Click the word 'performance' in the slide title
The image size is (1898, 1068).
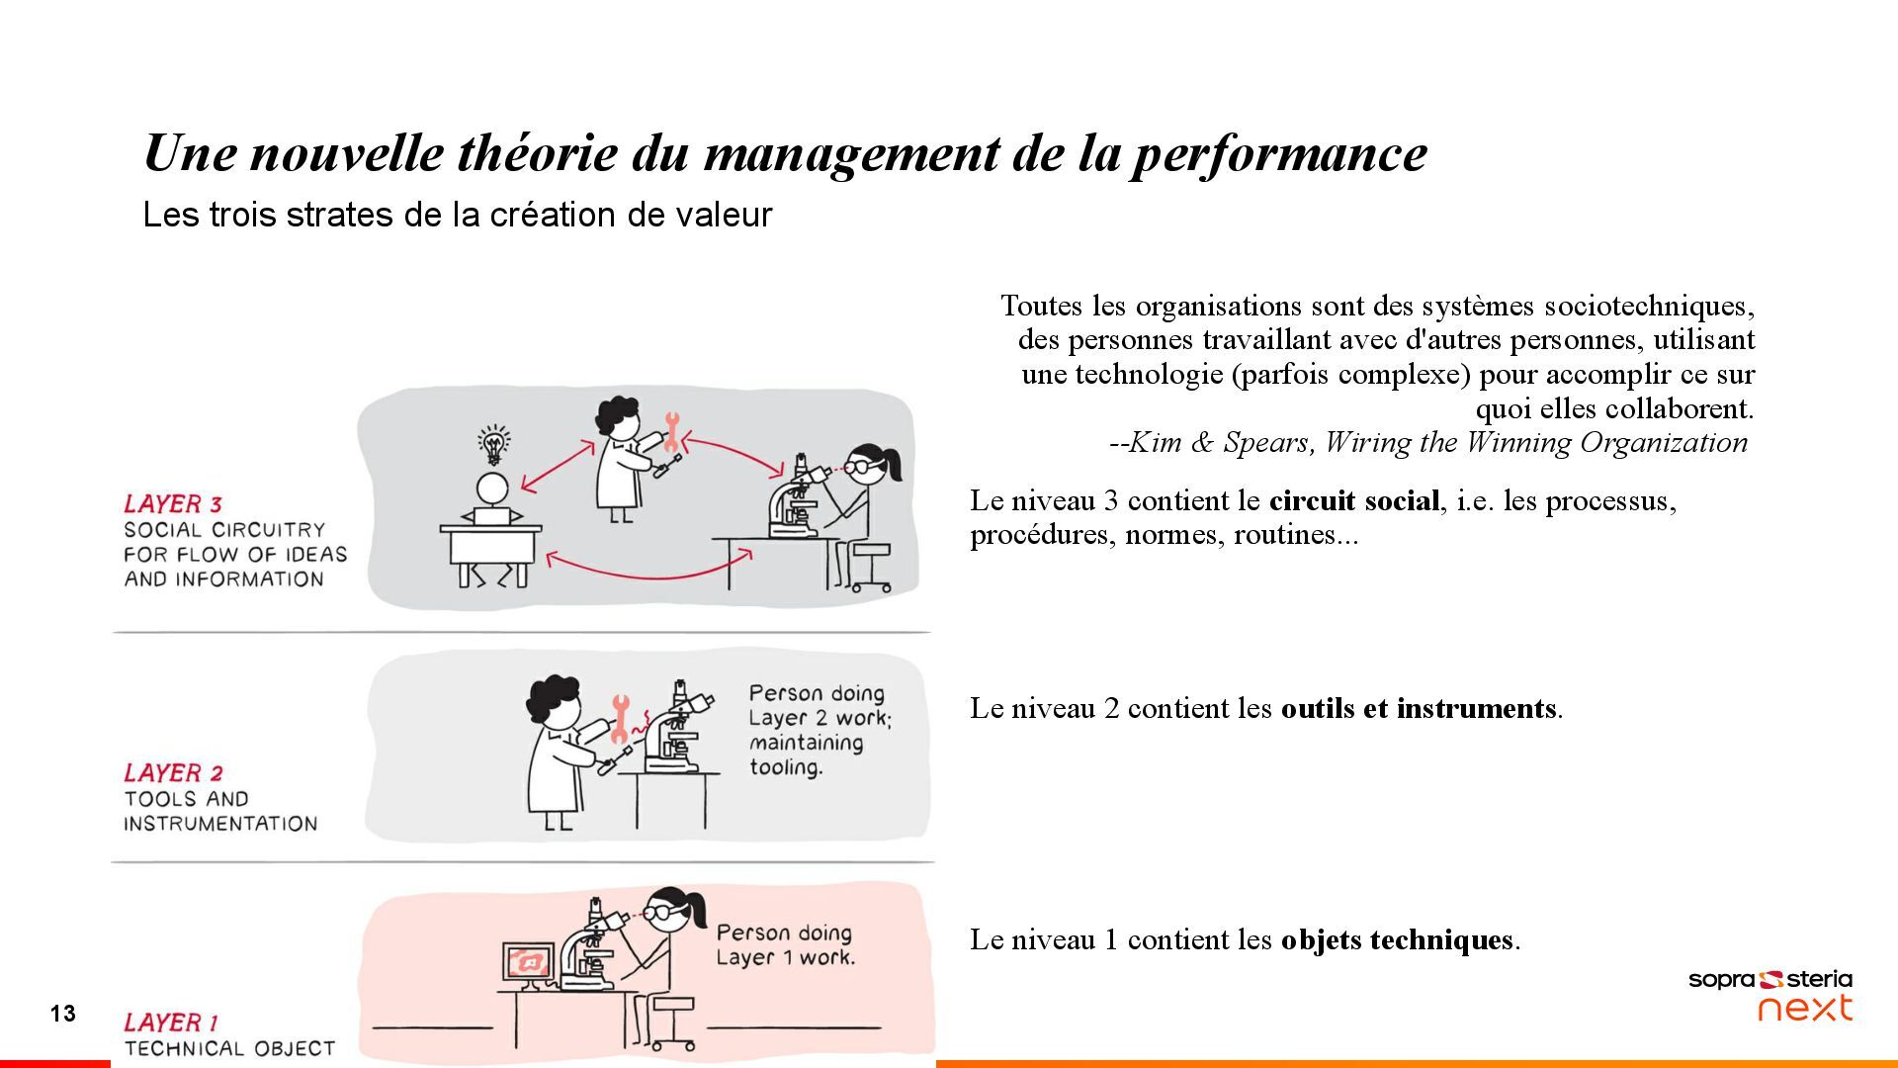coord(1279,154)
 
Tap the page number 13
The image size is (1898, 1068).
coord(63,1014)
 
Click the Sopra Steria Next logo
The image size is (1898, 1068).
coord(1769,995)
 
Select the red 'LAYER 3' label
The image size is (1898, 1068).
coord(173,504)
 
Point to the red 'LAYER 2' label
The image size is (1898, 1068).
coord(174,773)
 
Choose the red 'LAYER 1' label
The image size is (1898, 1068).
coord(171,1023)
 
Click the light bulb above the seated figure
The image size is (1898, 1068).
coord(493,446)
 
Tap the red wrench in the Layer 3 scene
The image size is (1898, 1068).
coord(672,432)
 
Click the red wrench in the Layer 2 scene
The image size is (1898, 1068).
coord(620,719)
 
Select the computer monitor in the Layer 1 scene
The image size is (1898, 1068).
coord(528,964)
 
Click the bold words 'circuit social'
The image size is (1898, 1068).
coord(1353,500)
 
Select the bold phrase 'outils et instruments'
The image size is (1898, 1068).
coord(1419,709)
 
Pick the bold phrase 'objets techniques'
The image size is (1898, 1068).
coord(1397,939)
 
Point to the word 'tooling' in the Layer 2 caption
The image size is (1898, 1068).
coord(786,768)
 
